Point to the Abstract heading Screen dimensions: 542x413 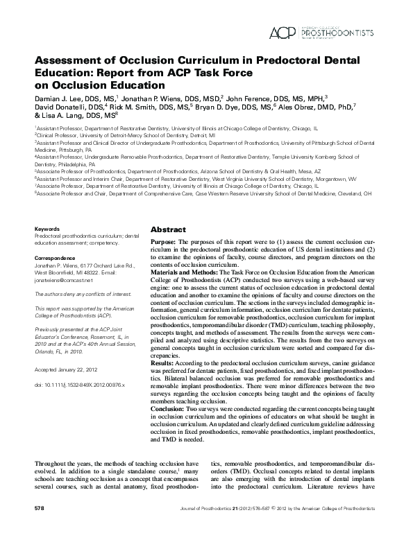(168, 229)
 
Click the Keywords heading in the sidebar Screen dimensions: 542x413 (47, 228)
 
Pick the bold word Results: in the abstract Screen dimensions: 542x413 (164, 361)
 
